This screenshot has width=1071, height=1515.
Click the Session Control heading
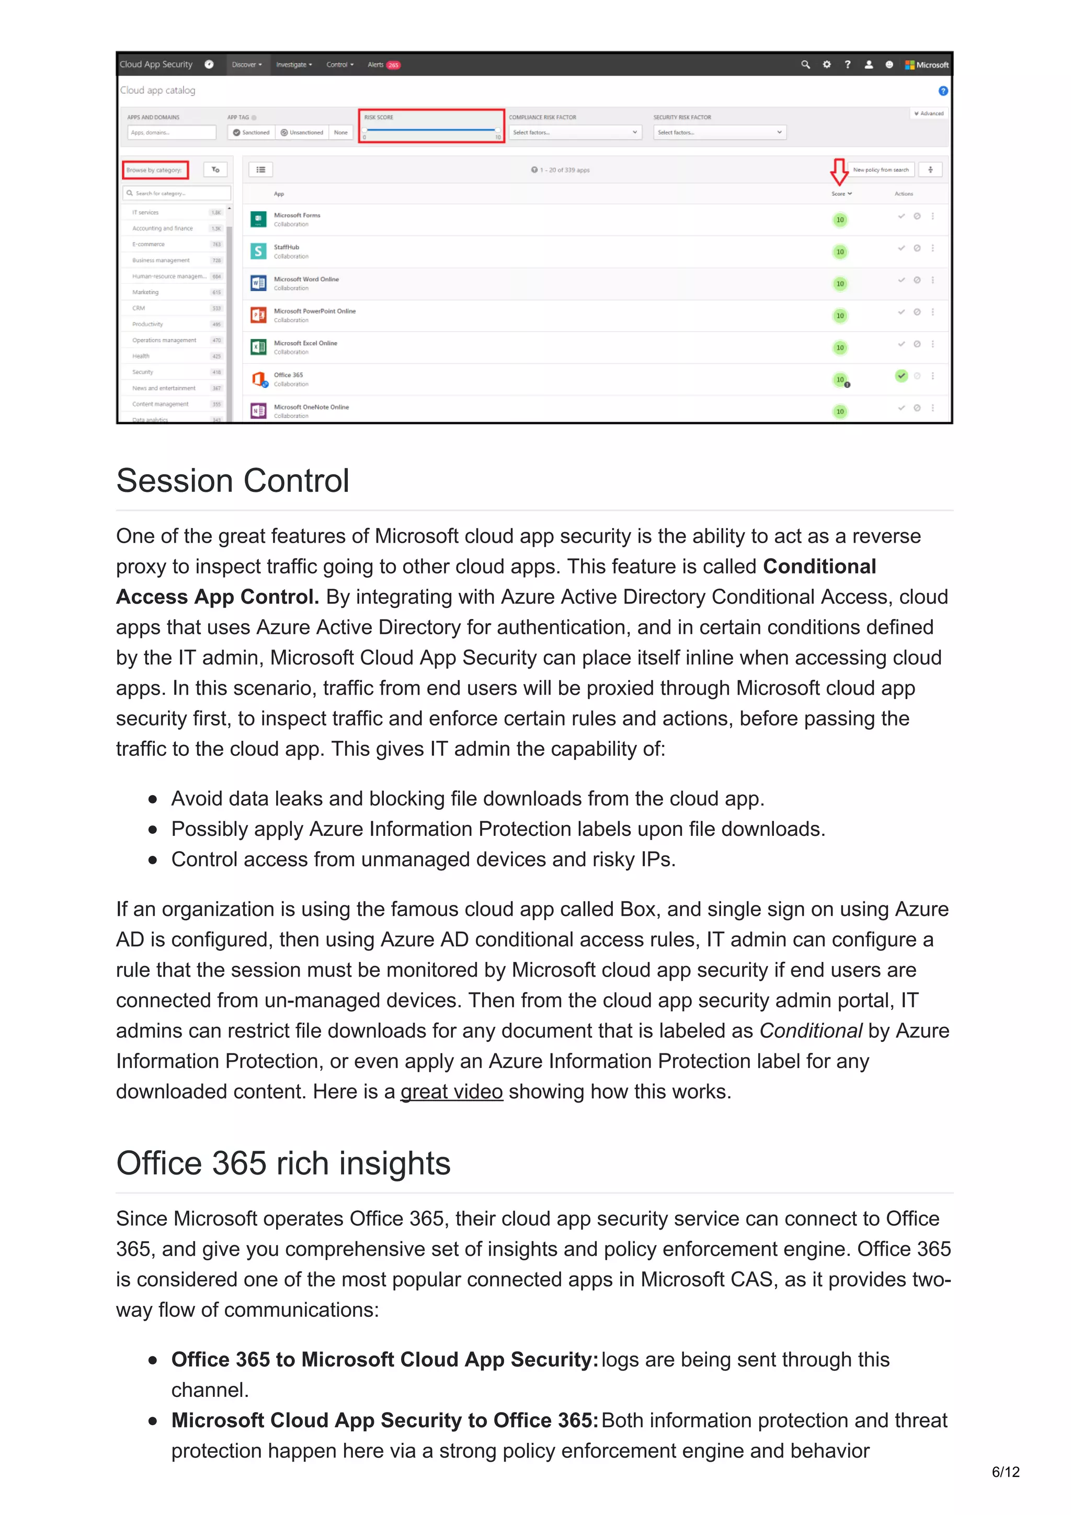[x=232, y=480]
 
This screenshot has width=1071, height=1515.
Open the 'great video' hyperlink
[x=451, y=1092]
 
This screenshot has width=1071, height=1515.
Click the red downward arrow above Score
[x=839, y=171]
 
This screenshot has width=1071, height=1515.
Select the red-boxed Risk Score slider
[x=431, y=130]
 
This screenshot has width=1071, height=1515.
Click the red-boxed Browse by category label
[x=155, y=170]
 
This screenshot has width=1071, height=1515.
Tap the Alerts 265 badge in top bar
[x=393, y=65]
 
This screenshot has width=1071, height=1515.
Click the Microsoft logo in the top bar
[x=927, y=65]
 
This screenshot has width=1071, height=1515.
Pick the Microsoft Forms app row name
[x=297, y=215]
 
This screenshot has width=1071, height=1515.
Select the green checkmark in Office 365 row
[x=901, y=375]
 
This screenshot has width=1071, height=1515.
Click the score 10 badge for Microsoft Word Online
[x=839, y=284]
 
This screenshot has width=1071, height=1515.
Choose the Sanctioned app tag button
[x=252, y=133]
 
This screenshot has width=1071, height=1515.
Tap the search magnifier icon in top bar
[x=805, y=65]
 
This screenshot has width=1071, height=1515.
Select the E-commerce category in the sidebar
[x=149, y=244]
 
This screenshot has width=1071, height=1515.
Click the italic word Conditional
[x=811, y=1031]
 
